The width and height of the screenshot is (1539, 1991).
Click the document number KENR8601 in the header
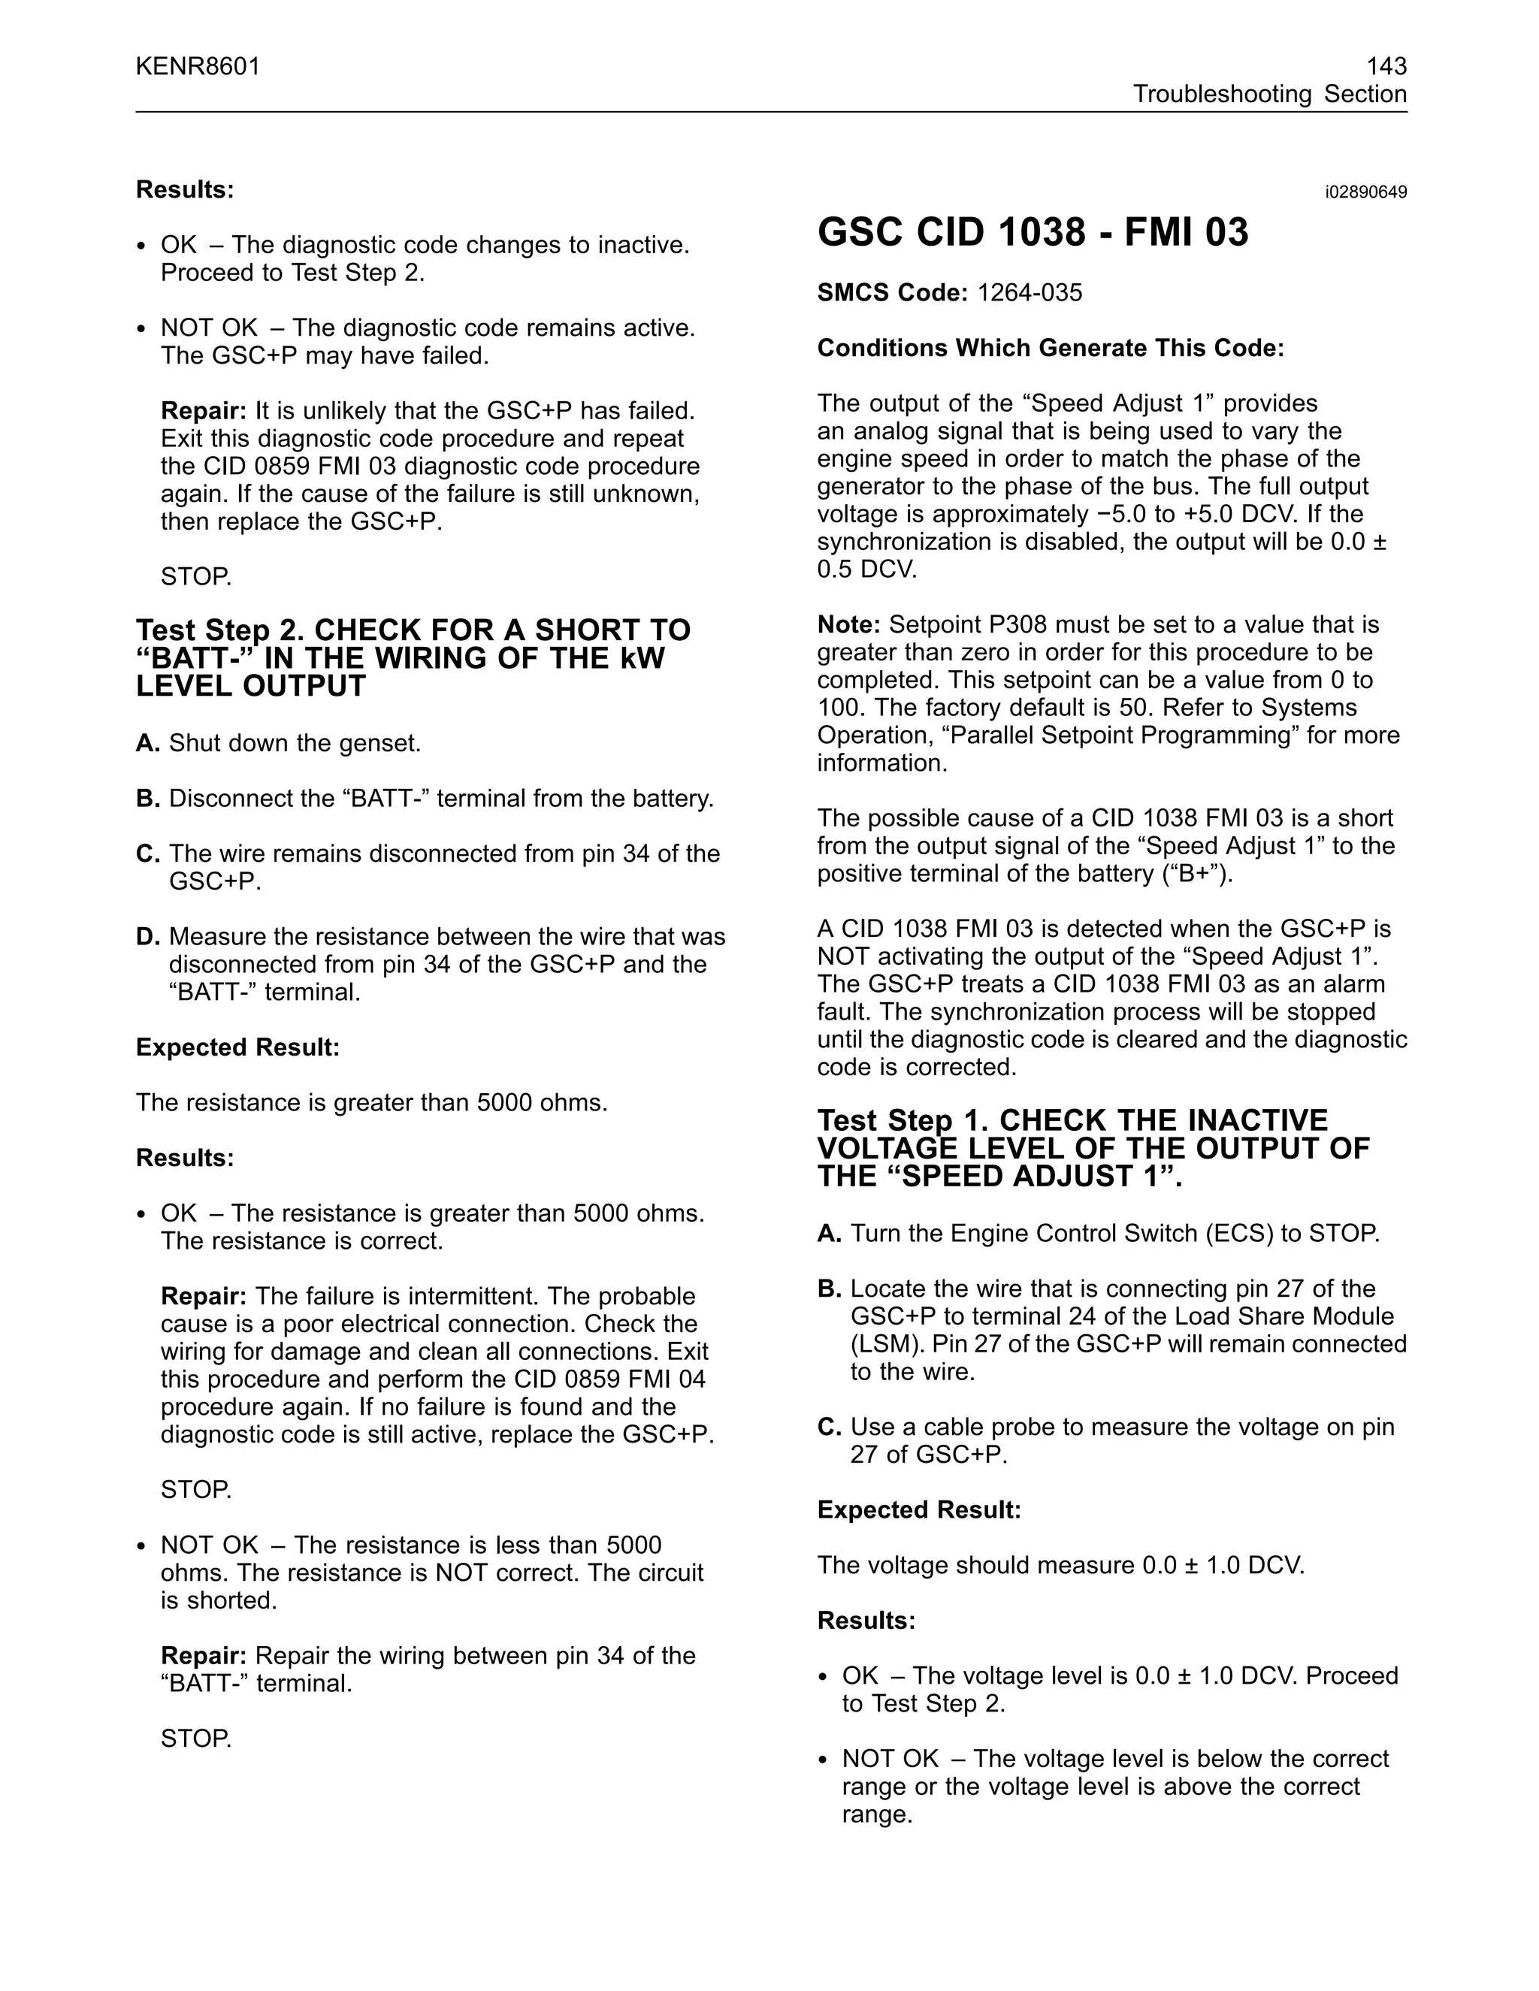pos(198,67)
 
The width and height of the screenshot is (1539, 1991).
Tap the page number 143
pos(1386,67)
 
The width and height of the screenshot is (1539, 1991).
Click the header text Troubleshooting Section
pos(1269,95)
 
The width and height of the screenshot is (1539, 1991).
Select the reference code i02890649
pos(1365,192)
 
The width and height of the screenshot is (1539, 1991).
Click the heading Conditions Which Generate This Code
pos(1051,349)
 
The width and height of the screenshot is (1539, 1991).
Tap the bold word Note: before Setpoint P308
pos(848,624)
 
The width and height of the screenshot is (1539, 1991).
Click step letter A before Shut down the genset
pos(148,744)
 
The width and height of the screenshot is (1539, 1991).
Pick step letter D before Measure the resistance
pos(148,937)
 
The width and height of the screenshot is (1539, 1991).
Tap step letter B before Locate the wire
pos(829,1289)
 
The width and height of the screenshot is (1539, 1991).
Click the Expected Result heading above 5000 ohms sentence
pos(237,1047)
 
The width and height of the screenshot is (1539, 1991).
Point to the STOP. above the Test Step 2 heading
pos(196,577)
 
